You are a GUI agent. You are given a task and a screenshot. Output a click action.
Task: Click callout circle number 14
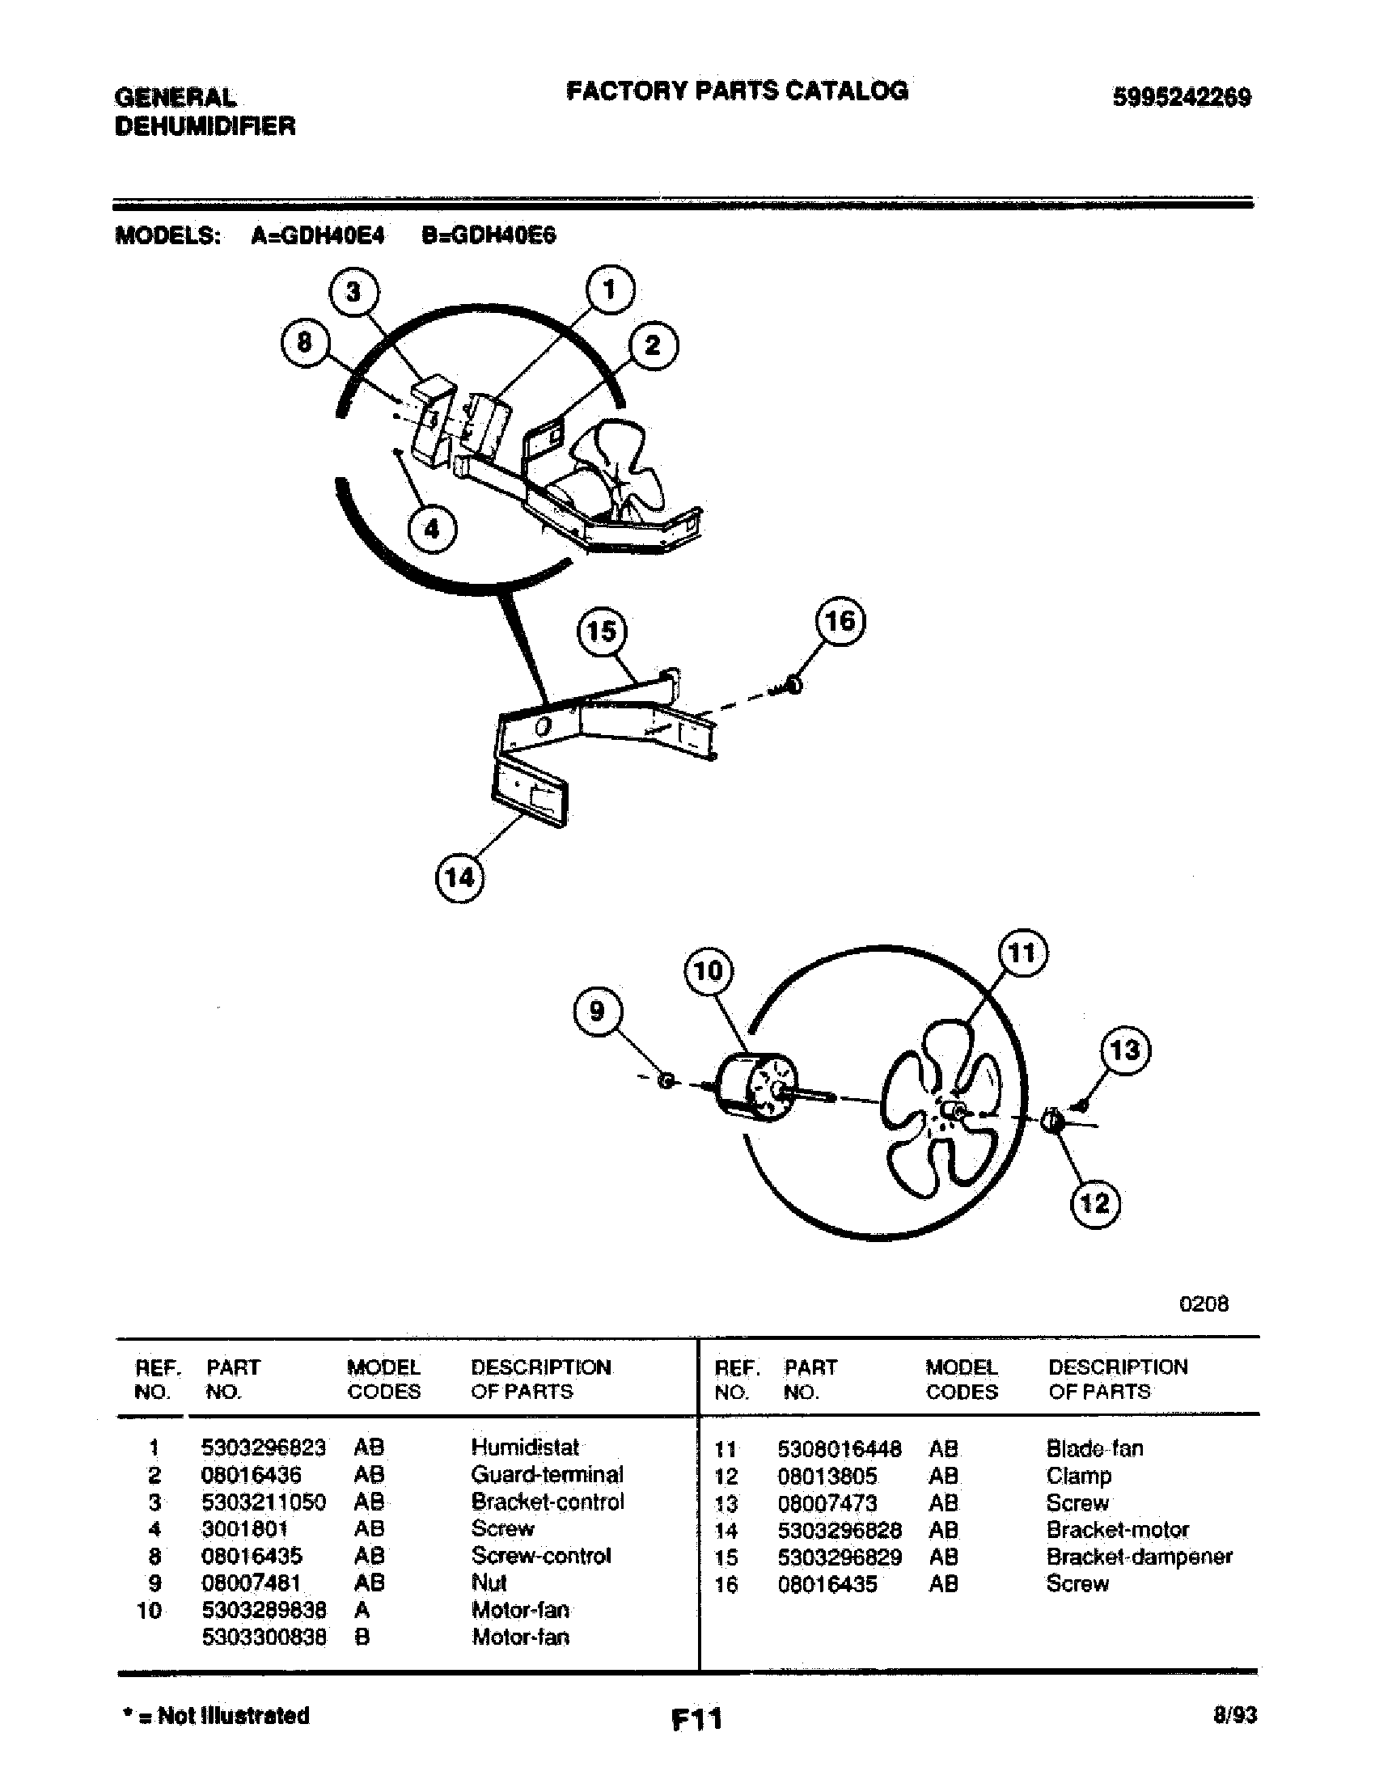click(x=459, y=878)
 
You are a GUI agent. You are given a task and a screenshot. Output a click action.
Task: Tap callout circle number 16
click(x=840, y=622)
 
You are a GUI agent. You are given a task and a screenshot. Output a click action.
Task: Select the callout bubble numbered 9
click(x=597, y=1012)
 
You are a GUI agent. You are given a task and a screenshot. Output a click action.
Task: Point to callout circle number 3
click(x=353, y=292)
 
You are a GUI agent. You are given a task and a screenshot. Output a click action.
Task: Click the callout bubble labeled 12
click(x=1095, y=1202)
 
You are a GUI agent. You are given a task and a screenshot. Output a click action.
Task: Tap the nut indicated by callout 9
click(x=666, y=1081)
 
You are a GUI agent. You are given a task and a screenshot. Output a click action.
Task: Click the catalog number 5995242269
click(x=1181, y=98)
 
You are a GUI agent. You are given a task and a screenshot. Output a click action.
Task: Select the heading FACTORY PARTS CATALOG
click(x=736, y=91)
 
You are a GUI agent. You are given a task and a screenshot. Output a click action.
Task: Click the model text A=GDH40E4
click(x=318, y=236)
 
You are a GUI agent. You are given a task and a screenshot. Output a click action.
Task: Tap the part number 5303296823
click(x=263, y=1447)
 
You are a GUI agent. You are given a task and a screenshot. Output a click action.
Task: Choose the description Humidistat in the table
click(x=525, y=1447)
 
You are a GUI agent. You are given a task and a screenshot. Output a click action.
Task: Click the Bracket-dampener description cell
click(x=1139, y=1557)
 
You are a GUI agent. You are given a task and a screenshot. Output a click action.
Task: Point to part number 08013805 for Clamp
click(x=827, y=1476)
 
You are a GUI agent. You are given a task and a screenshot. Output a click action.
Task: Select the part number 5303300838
click(x=264, y=1637)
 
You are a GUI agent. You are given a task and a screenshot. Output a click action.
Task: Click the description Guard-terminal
click(x=547, y=1475)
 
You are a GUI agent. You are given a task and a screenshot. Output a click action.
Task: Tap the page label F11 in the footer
click(x=696, y=1718)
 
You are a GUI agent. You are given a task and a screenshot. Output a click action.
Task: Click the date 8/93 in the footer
click(x=1234, y=1715)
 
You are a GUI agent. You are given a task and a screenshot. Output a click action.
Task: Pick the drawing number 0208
click(x=1204, y=1304)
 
